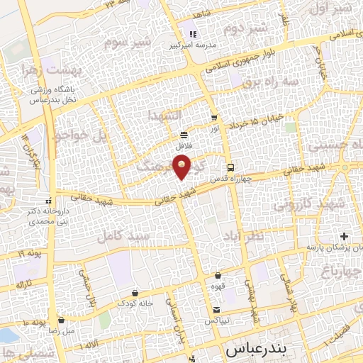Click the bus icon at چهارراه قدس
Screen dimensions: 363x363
[231, 168]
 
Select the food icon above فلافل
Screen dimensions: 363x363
[184, 134]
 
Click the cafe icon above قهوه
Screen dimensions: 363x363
[218, 275]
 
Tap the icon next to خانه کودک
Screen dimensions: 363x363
[135, 292]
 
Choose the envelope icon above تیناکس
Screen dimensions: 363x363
[217, 310]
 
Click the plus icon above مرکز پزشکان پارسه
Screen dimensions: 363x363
[344, 235]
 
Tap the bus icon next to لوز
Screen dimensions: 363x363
[214, 118]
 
